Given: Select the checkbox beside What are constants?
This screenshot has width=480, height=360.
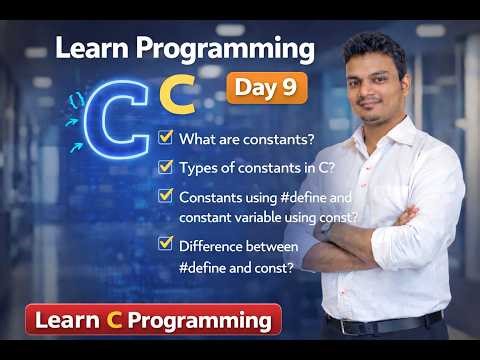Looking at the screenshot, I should (166, 136).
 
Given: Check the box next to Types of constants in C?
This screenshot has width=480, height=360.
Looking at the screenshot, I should (166, 165).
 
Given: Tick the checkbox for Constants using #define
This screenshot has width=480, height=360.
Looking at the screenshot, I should (166, 196).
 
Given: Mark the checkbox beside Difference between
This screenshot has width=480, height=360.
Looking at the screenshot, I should (166, 243).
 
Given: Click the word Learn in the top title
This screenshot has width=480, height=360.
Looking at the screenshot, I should (94, 47).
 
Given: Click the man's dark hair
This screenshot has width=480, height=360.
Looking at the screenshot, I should (372, 45).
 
